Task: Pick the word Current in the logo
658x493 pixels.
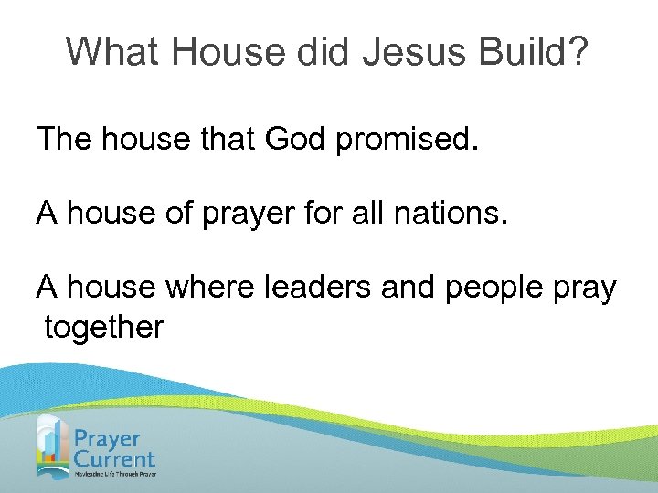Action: point(115,459)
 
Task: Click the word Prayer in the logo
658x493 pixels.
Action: point(108,438)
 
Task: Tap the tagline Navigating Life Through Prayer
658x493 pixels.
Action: point(115,475)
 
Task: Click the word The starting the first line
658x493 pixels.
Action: point(66,140)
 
